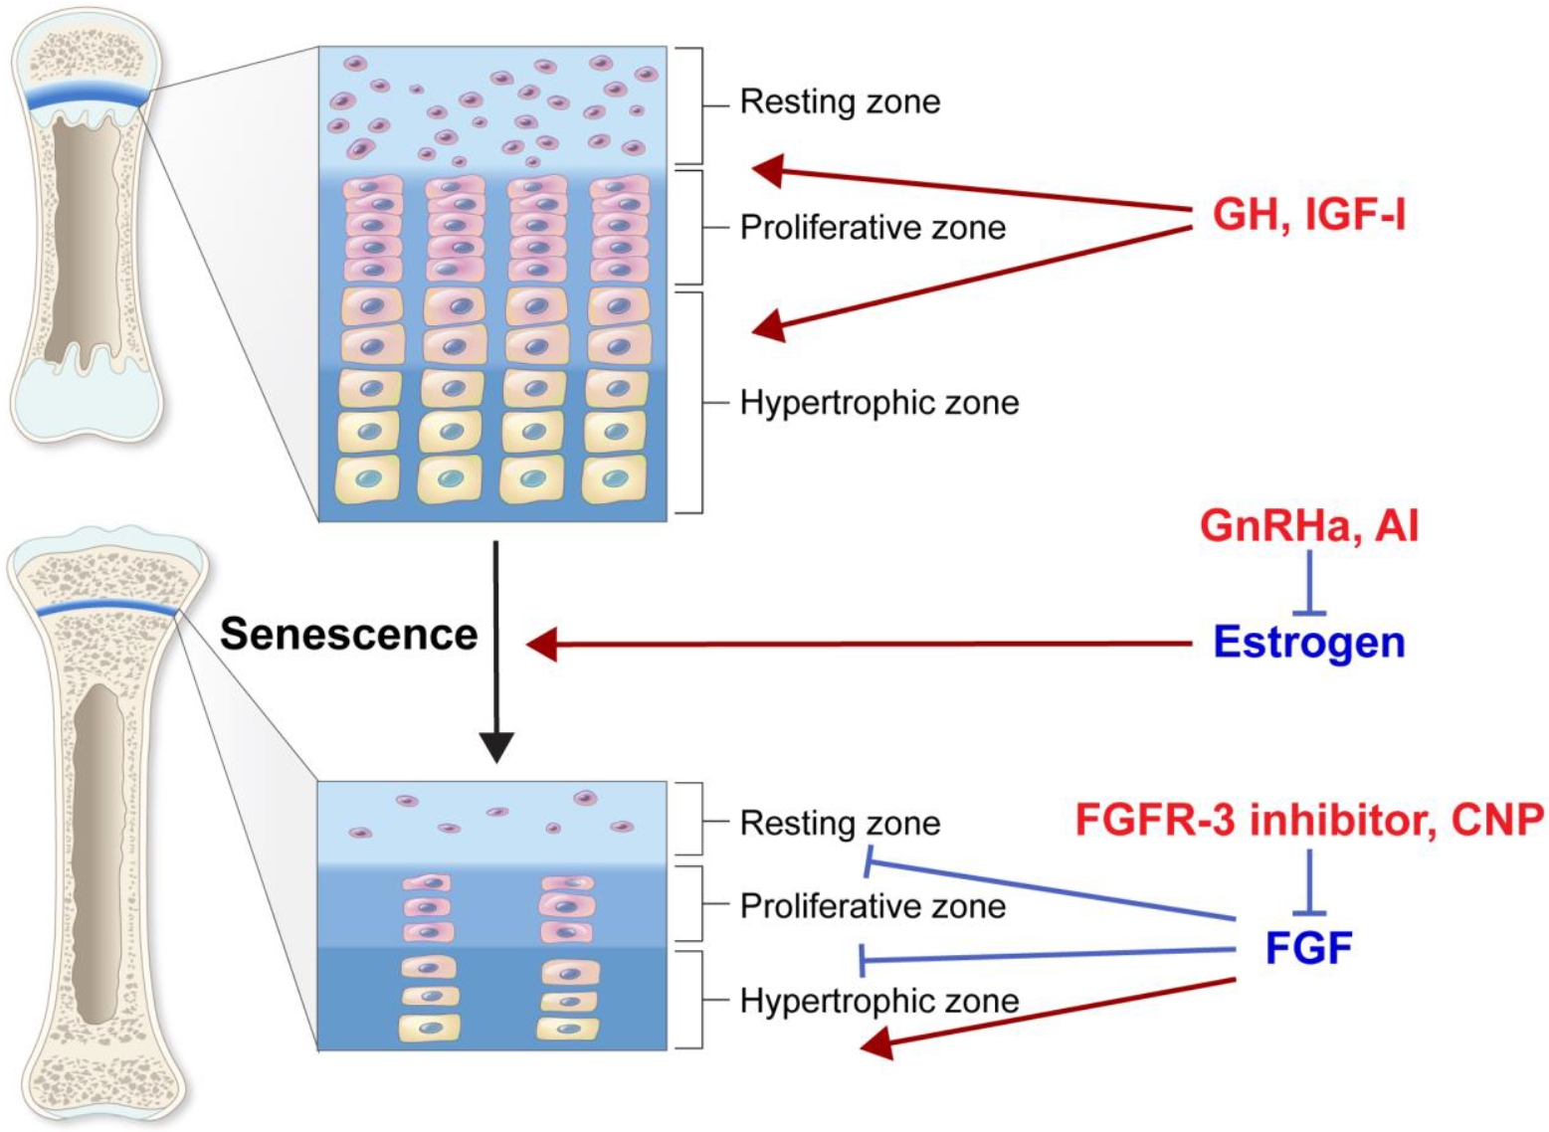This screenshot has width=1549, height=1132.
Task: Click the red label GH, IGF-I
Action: (x=1308, y=215)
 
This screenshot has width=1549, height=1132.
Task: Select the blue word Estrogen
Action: (x=1308, y=643)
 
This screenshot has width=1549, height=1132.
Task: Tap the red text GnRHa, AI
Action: (x=1308, y=525)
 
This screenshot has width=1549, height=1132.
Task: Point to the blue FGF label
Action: (x=1308, y=948)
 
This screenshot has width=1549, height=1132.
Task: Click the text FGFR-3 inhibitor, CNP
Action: (x=1309, y=820)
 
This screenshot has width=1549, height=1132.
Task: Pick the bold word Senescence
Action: (x=349, y=634)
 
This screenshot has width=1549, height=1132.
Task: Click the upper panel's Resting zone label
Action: (x=840, y=101)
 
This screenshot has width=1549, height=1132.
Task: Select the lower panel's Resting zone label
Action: (x=840, y=823)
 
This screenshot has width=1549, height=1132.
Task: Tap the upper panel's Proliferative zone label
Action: (x=872, y=228)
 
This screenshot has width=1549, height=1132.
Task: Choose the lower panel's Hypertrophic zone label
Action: (x=879, y=1001)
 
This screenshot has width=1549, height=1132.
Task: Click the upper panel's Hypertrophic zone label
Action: (x=879, y=403)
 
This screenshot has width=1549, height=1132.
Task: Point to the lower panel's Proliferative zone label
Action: (x=872, y=906)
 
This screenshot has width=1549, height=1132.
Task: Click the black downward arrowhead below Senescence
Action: (x=495, y=747)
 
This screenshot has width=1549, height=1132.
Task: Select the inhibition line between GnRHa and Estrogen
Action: (x=1308, y=583)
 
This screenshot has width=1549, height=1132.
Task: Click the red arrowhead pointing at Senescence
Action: (x=542, y=646)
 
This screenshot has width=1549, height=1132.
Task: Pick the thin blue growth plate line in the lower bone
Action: (x=107, y=606)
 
